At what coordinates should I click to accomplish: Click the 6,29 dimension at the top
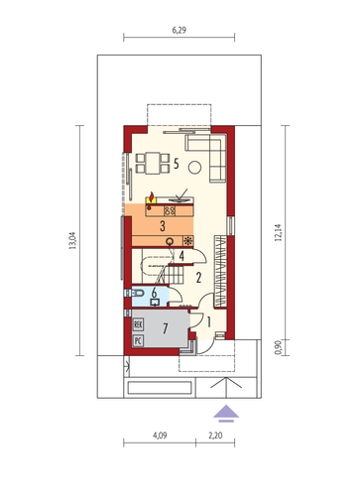click(179, 30)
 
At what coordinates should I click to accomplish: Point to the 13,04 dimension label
click(72, 240)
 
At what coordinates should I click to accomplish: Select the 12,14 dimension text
click(278, 232)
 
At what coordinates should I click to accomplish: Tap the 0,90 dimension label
click(278, 347)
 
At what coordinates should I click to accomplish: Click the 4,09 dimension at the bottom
click(160, 436)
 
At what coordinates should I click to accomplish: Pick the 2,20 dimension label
click(215, 436)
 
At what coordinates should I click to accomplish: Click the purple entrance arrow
click(226, 414)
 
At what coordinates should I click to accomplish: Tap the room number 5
click(177, 164)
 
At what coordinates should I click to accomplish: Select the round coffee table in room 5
click(194, 168)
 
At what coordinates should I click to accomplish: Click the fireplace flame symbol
click(151, 197)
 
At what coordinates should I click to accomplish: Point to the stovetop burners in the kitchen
click(170, 210)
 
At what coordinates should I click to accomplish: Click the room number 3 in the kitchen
click(163, 226)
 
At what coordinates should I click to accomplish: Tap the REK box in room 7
click(138, 324)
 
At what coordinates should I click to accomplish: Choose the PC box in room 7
click(138, 340)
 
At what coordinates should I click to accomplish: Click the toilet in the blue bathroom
click(137, 293)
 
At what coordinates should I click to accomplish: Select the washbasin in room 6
click(155, 302)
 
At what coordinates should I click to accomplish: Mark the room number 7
click(166, 328)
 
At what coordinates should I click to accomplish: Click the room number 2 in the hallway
click(198, 278)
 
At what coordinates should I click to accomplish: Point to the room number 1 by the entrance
click(209, 321)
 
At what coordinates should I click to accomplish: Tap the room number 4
click(181, 256)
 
